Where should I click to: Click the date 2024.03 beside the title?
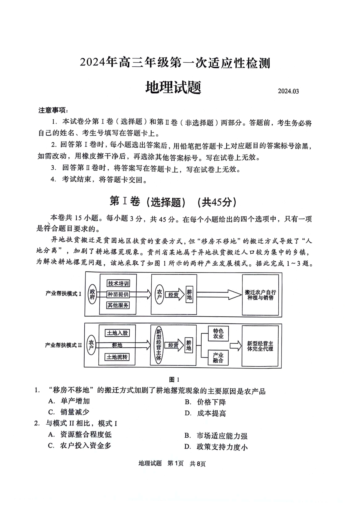[288, 91]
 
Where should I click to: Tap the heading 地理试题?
[173, 87]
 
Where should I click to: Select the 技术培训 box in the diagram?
[118, 283]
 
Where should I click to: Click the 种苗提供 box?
[118, 294]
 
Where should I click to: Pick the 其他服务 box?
[118, 305]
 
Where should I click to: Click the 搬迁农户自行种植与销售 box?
[260, 295]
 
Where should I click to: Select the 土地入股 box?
[117, 333]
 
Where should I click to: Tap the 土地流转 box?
[117, 357]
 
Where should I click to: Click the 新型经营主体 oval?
[159, 345]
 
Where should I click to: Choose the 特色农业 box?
[218, 333]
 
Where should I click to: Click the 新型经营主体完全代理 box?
[260, 346]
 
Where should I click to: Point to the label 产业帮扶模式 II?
[63, 345]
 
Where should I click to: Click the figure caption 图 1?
[174, 379]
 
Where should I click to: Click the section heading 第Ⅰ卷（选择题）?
[147, 202]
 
